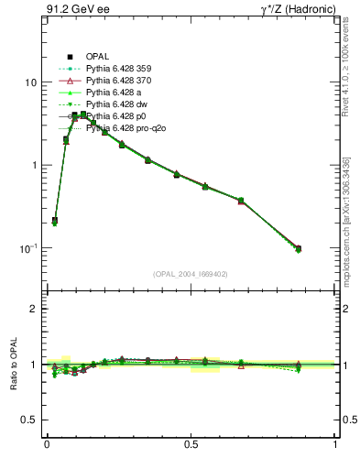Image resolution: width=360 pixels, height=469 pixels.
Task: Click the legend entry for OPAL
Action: tap(98, 57)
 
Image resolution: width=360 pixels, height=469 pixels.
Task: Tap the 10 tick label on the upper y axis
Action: tap(30, 82)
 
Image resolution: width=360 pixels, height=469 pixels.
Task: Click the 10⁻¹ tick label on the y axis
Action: tap(27, 248)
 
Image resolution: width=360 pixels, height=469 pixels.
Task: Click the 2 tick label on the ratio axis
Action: tap(33, 309)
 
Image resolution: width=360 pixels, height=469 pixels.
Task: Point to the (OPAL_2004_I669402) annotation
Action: tap(191, 273)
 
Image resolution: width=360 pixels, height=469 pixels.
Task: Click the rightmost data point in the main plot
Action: tap(299, 248)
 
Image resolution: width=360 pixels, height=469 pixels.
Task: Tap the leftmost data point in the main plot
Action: tap(55, 221)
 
